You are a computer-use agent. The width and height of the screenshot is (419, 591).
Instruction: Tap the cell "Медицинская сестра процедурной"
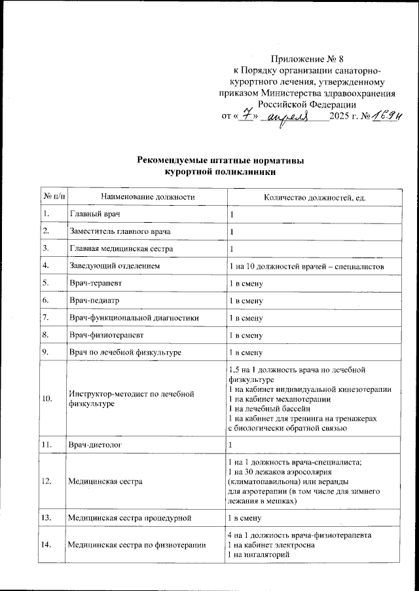pyautogui.click(x=130, y=518)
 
